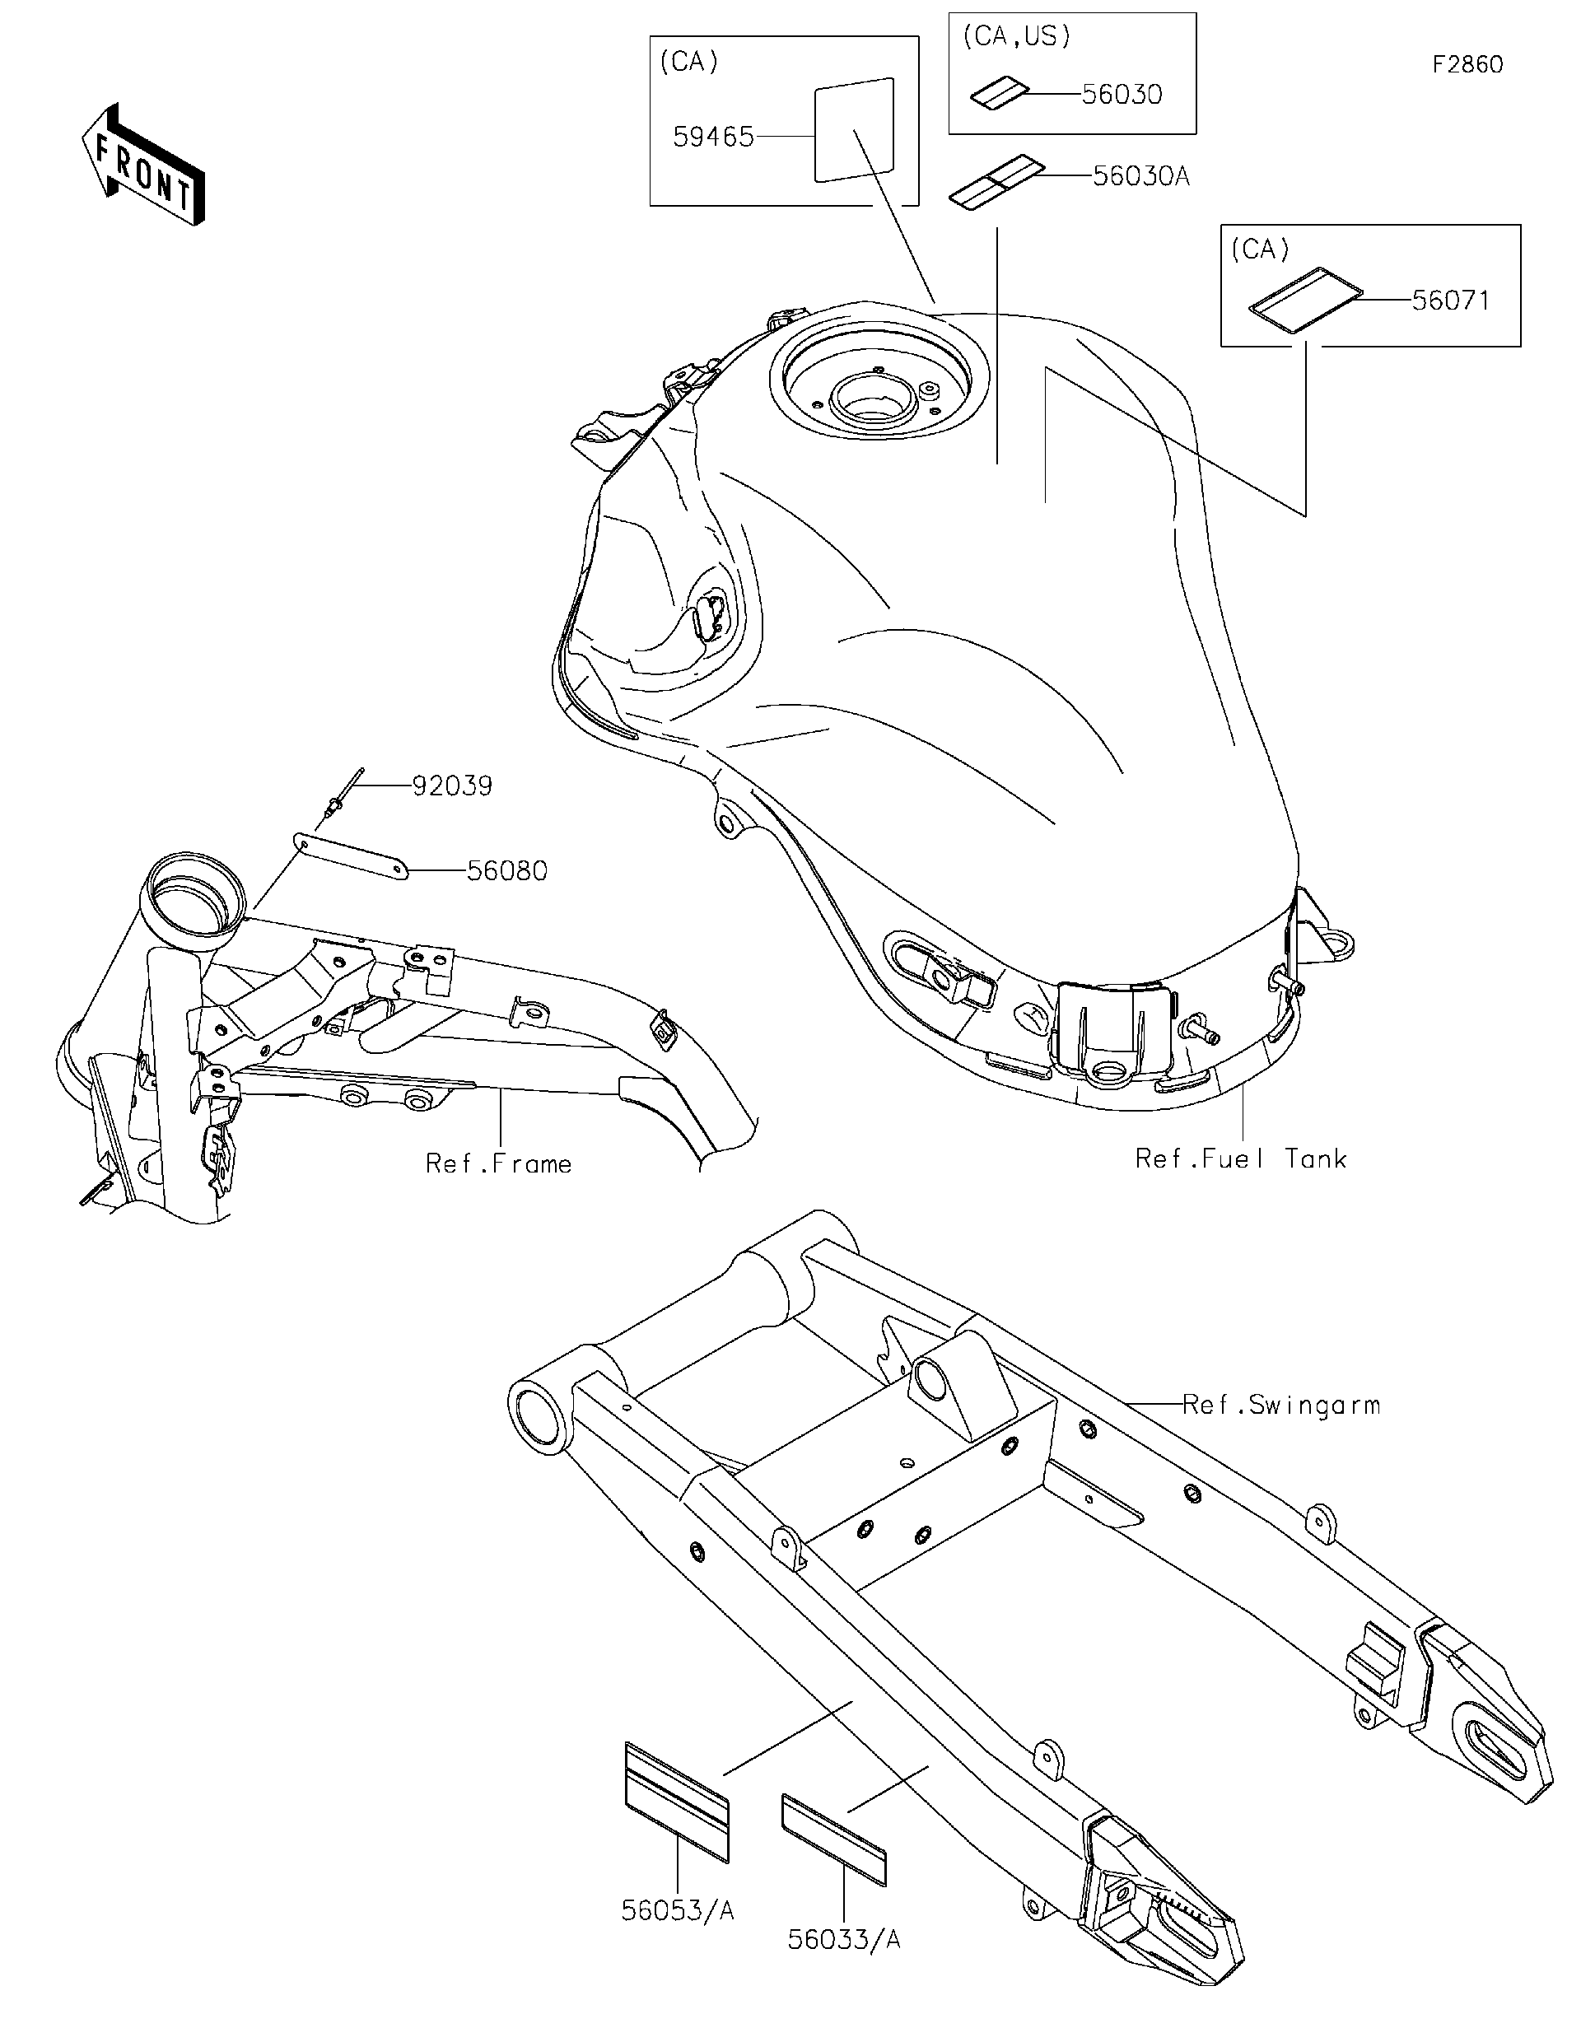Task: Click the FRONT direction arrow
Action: (x=142, y=166)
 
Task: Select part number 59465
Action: (x=712, y=138)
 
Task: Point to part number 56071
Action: (x=1450, y=301)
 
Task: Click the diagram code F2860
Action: (x=1467, y=64)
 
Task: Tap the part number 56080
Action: (x=506, y=870)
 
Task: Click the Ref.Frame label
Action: (x=498, y=1163)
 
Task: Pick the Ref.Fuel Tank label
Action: (x=1240, y=1159)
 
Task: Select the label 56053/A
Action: (x=677, y=1911)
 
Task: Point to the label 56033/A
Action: (x=843, y=1940)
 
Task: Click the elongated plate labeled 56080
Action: (x=351, y=855)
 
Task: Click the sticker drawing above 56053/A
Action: (x=676, y=1801)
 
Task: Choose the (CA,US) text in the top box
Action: (x=1016, y=36)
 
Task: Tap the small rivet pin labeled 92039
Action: (x=339, y=798)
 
